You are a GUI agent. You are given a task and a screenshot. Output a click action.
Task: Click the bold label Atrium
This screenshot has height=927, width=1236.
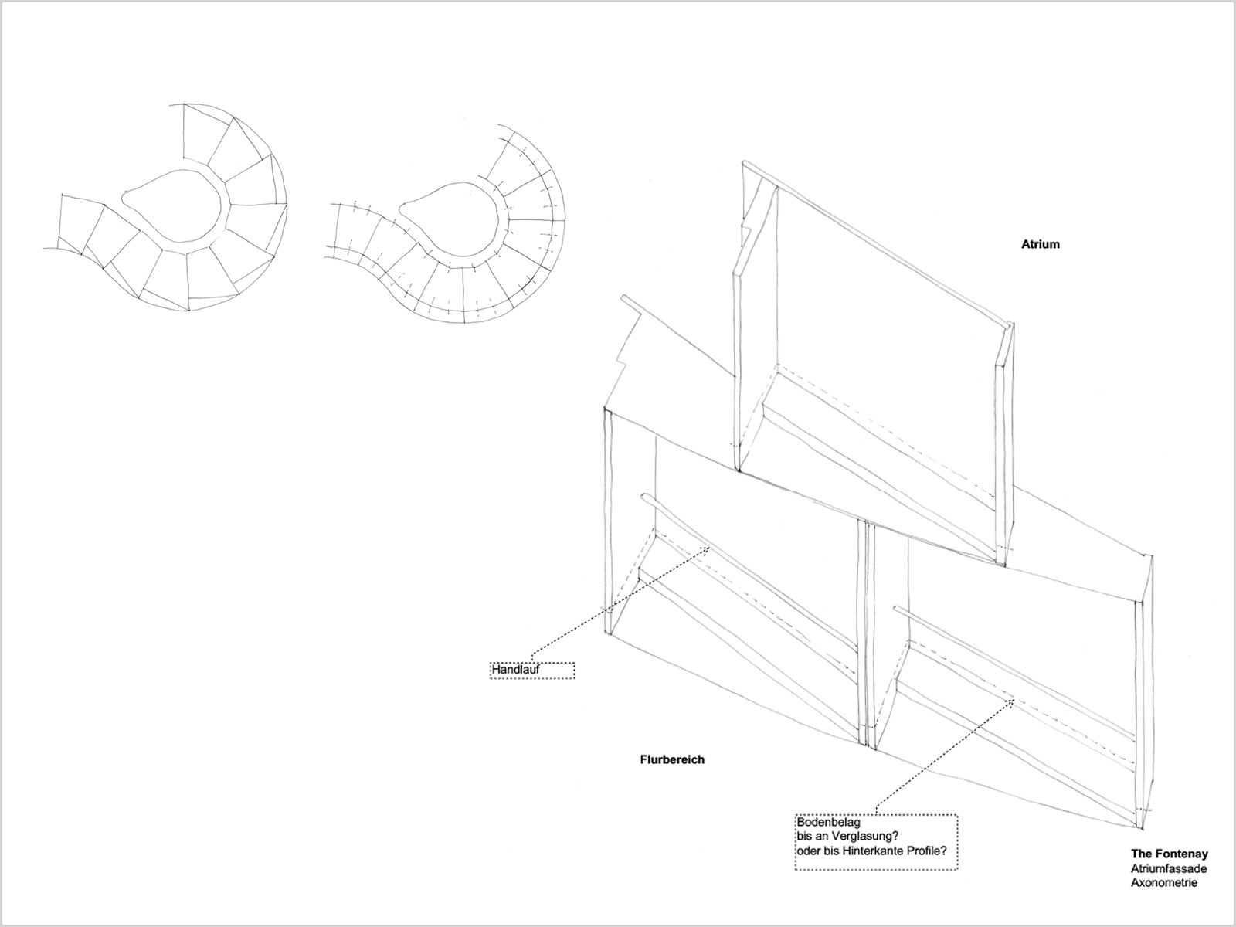1040,244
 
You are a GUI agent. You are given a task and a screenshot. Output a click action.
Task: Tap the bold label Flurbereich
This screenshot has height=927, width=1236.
672,760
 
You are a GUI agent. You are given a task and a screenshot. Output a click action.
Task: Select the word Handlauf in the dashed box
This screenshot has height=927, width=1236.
515,671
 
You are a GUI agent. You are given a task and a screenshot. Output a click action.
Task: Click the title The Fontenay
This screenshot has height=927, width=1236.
1169,854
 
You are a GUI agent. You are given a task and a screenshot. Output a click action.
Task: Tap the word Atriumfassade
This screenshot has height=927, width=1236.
1169,869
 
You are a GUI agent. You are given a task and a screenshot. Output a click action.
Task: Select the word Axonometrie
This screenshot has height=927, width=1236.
1164,883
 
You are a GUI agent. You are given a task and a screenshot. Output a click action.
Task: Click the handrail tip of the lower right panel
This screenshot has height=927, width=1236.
896,609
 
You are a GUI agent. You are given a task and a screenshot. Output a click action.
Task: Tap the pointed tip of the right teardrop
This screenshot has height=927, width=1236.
401,212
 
